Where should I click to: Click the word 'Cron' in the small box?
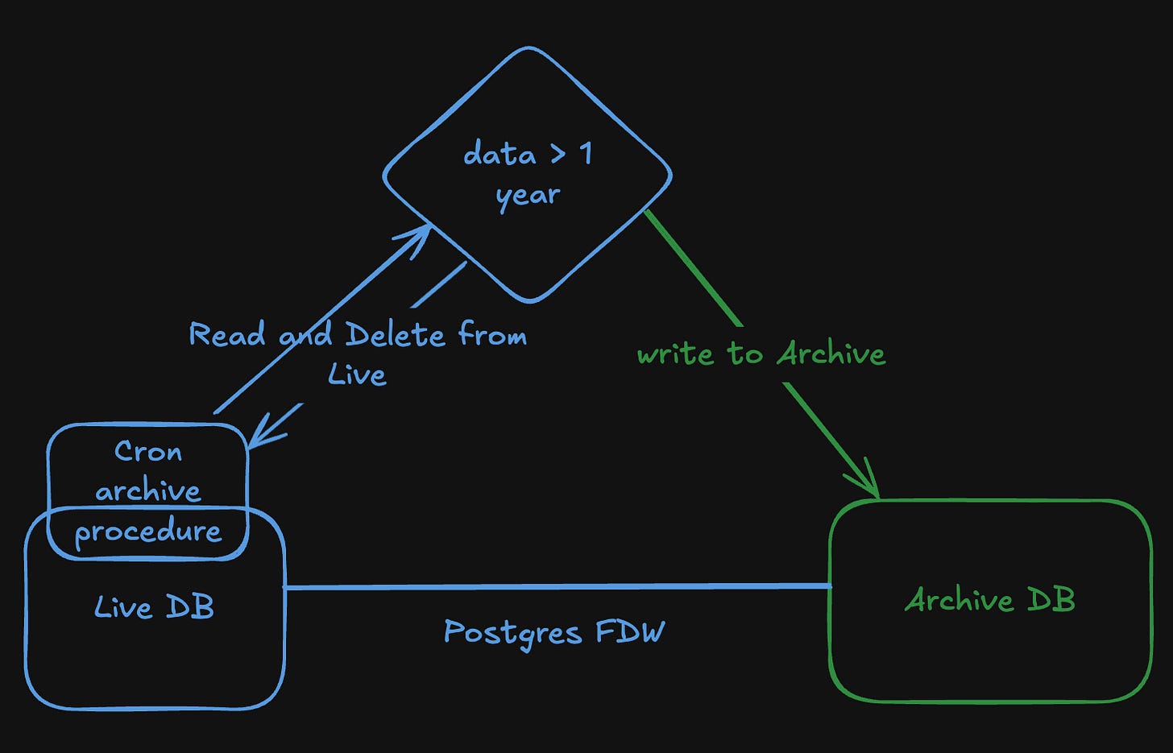[148, 451]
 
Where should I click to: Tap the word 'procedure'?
[148, 532]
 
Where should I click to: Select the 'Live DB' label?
[154, 607]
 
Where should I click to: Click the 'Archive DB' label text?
[990, 599]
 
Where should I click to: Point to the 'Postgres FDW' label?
[554, 632]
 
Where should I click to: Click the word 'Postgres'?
[512, 633]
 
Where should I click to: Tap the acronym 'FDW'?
[631, 631]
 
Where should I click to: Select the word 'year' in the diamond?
[528, 195]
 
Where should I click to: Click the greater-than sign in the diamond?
[557, 153]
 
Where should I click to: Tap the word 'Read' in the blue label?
[226, 333]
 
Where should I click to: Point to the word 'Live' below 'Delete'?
[357, 374]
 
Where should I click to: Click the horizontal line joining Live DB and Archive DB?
[556, 587]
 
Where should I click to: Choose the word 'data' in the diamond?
[499, 153]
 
